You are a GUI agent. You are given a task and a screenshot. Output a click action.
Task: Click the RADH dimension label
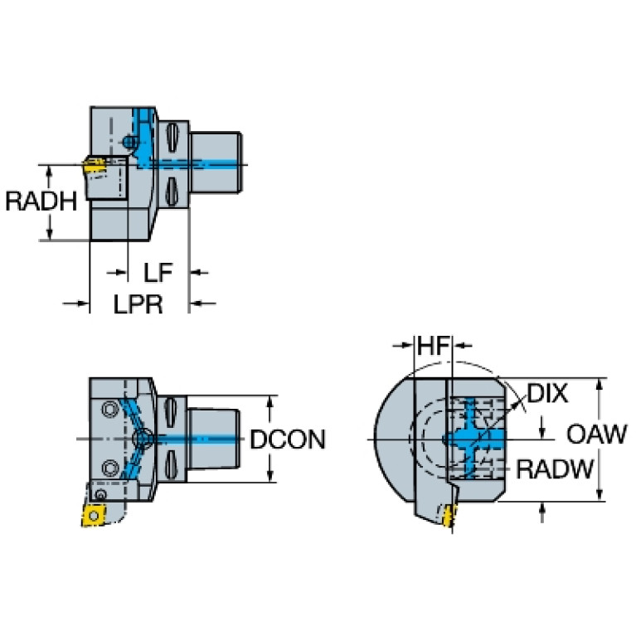point(41,201)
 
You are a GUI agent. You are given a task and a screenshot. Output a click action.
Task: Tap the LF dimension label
point(158,272)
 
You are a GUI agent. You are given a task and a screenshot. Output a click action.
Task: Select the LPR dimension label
point(138,304)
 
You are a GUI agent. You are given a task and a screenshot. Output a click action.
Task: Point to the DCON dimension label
point(288,439)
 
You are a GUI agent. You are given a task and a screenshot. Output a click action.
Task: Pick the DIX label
point(548,393)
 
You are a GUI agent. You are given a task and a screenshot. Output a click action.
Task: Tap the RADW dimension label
point(555,470)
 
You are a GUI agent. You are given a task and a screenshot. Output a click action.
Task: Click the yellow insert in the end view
point(451,516)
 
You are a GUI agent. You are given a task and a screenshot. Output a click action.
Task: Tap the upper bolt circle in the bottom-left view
point(108,408)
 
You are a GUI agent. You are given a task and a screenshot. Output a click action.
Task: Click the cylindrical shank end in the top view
point(217,163)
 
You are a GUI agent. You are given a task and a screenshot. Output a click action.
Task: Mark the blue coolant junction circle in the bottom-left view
point(144,438)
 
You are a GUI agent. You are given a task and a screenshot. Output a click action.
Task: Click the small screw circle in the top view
point(129,142)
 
